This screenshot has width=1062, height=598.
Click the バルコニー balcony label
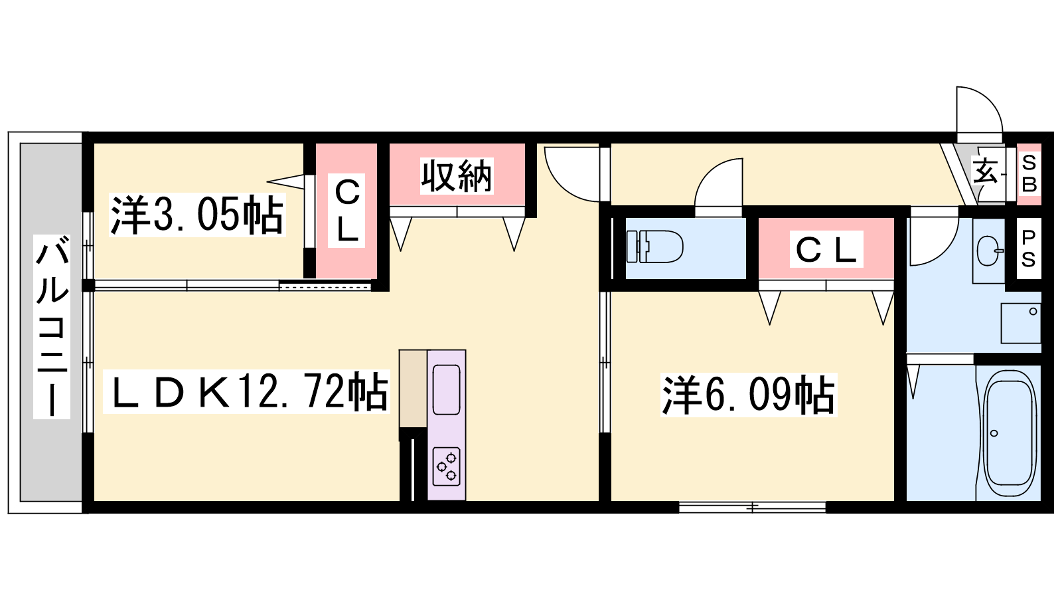(52, 326)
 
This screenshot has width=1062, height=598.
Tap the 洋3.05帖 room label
(196, 215)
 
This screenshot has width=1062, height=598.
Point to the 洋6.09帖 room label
(749, 395)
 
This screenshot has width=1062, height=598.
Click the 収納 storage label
(457, 176)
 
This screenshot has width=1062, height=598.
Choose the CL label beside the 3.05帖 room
(346, 211)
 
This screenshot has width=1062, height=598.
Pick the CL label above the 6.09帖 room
(826, 249)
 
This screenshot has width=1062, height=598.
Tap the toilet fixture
(654, 247)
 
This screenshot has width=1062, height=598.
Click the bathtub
(1009, 433)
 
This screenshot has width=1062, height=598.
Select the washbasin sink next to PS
(990, 250)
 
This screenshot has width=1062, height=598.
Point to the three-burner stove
(447, 466)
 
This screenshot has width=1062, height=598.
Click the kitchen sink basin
(446, 389)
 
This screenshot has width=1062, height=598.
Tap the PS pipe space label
(1028, 249)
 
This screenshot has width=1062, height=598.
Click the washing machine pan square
(1021, 323)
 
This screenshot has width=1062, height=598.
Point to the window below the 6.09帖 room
(753, 508)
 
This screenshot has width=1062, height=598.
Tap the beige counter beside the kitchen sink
(413, 389)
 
